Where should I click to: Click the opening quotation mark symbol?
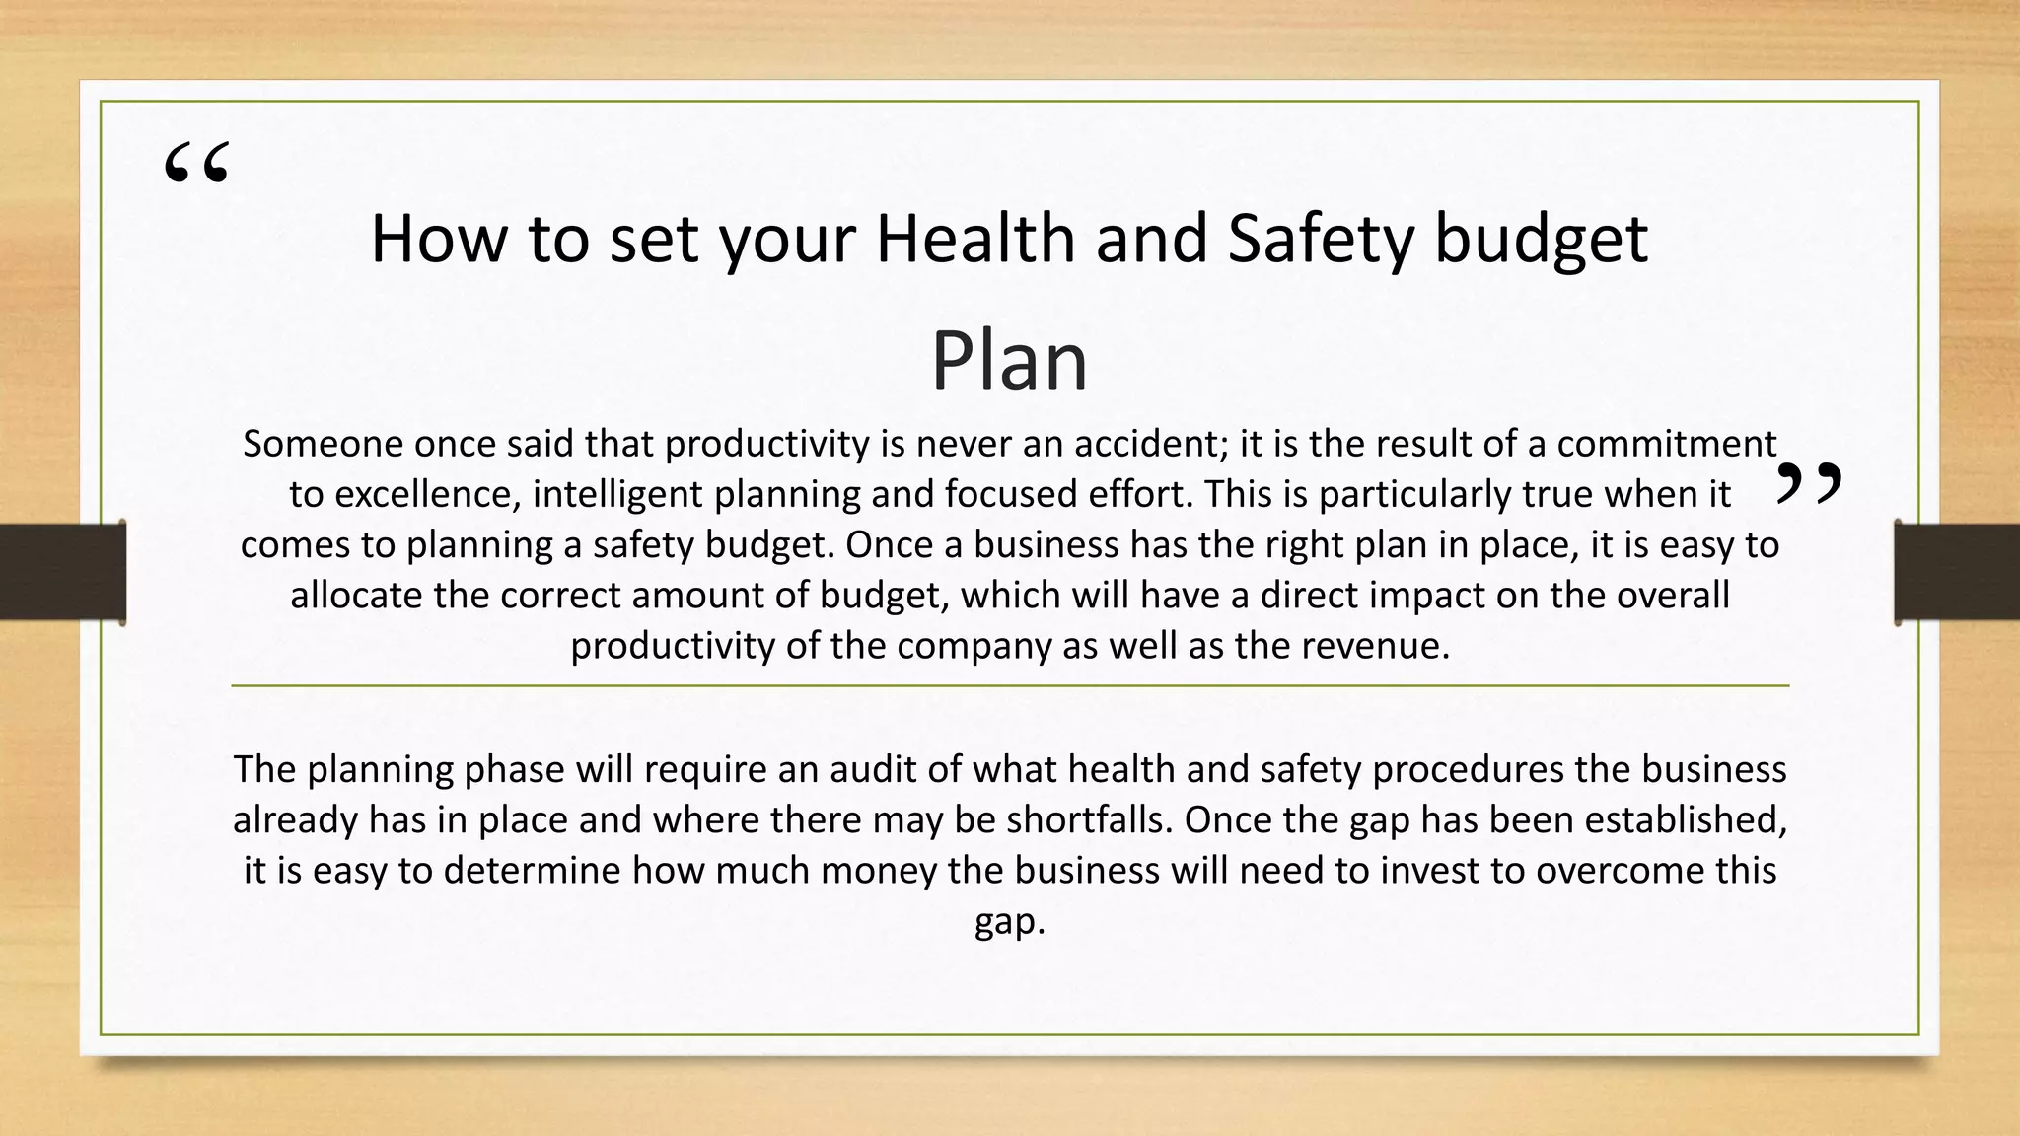[x=196, y=164]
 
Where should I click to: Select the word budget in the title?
[x=1541, y=241]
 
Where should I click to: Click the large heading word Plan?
[x=1008, y=361]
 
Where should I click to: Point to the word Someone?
[x=324, y=444]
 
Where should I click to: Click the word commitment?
[x=1667, y=444]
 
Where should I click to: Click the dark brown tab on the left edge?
[x=62, y=572]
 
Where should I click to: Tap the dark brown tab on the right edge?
[x=1957, y=572]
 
